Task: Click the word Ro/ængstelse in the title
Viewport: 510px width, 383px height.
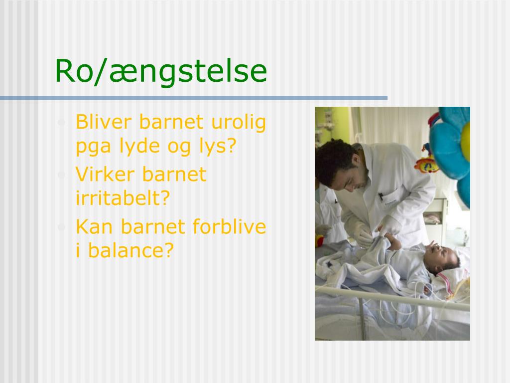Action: click(160, 71)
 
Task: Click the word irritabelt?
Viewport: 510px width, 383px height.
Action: click(123, 198)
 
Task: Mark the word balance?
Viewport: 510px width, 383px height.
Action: click(130, 250)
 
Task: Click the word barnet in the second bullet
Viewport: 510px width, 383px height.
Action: click(174, 175)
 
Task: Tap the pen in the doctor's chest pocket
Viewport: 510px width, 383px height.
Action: click(381, 196)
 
